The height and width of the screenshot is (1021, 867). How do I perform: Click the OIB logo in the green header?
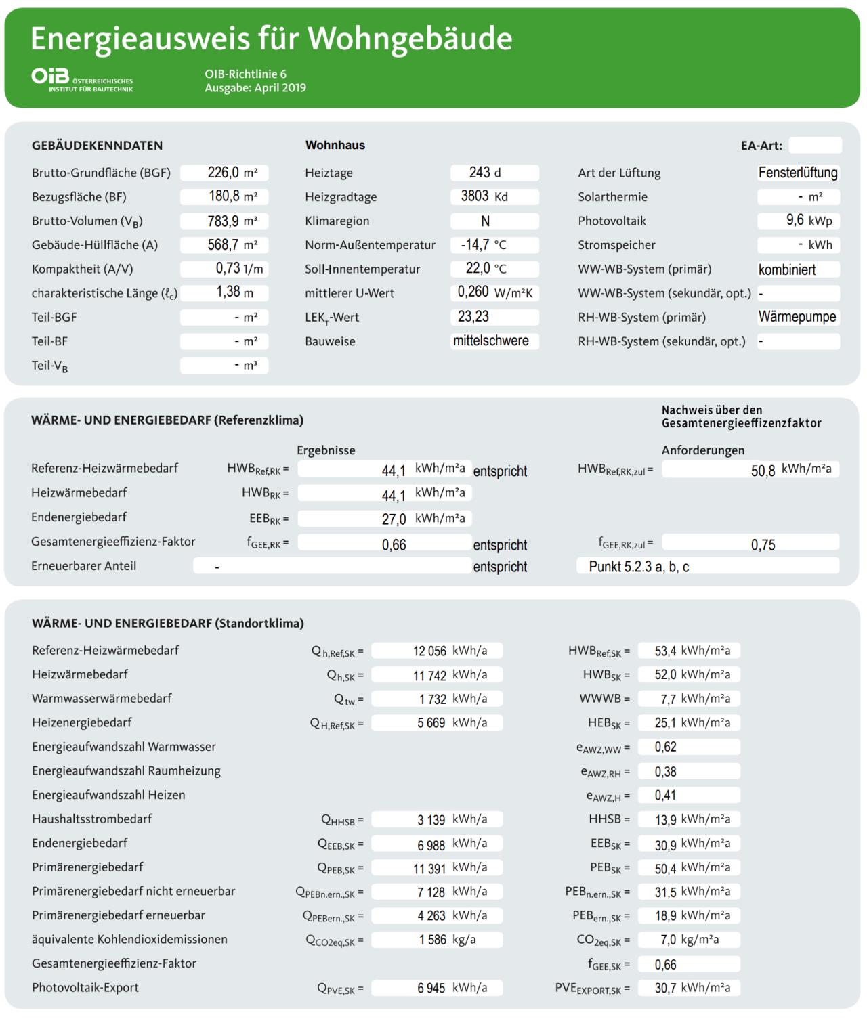point(82,79)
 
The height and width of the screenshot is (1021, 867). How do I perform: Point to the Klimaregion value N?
point(485,221)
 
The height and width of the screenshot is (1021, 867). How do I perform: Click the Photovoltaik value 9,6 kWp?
point(799,221)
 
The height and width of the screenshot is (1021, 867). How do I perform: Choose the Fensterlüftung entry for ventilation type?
point(798,173)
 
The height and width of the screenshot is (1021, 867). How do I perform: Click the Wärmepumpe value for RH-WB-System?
point(797,317)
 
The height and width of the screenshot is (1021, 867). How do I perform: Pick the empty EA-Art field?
point(815,145)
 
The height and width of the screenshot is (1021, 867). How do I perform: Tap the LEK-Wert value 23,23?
point(474,317)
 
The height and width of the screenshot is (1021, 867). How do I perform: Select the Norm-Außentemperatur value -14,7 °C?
point(484,245)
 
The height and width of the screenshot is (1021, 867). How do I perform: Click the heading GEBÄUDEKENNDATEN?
point(98,145)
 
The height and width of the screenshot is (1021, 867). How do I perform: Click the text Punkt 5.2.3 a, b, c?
point(639,567)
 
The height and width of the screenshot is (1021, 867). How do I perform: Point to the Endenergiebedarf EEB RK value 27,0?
point(394,519)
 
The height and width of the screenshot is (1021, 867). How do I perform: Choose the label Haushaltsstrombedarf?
point(92,819)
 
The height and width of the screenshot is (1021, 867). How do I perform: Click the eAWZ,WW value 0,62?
point(666,747)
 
